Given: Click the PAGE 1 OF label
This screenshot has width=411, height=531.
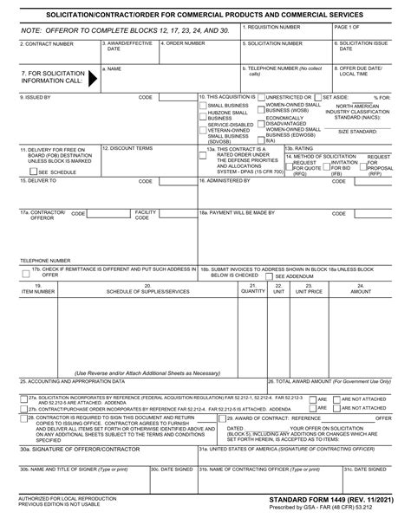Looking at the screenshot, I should coord(349,28).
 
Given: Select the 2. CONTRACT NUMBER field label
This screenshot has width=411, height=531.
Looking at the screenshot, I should coord(43,42).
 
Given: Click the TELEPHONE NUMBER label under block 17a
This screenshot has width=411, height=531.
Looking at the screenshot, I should coord(45,259).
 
